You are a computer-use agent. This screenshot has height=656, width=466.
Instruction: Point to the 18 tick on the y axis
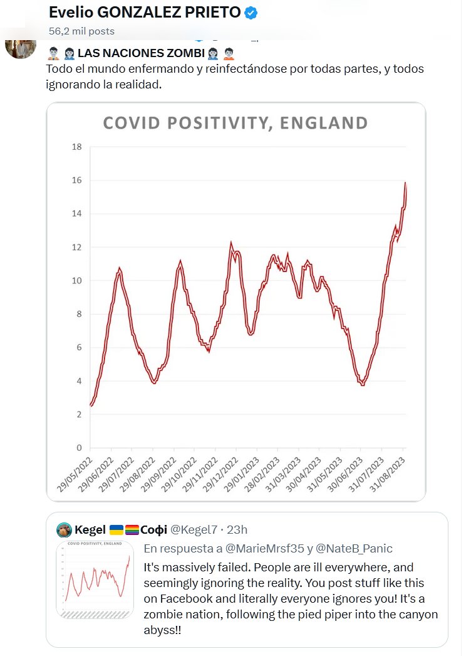click(x=78, y=147)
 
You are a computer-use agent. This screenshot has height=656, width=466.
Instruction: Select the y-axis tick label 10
click(x=78, y=280)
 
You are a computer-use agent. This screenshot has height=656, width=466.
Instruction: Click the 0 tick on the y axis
click(x=80, y=448)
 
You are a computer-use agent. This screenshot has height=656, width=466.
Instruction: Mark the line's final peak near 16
click(x=405, y=183)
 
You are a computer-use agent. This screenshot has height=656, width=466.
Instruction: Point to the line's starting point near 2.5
click(x=91, y=406)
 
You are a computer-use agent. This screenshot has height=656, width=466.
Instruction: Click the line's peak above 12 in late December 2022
click(x=231, y=243)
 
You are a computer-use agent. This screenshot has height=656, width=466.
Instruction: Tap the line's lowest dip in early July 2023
click(x=363, y=384)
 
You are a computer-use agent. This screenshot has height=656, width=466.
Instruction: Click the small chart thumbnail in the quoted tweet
click(x=96, y=579)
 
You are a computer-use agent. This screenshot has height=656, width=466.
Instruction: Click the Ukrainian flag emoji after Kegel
click(x=116, y=530)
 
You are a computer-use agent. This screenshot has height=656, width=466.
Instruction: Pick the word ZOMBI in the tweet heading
click(x=182, y=52)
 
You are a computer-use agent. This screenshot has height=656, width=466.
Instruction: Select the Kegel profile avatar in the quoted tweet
click(x=64, y=530)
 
